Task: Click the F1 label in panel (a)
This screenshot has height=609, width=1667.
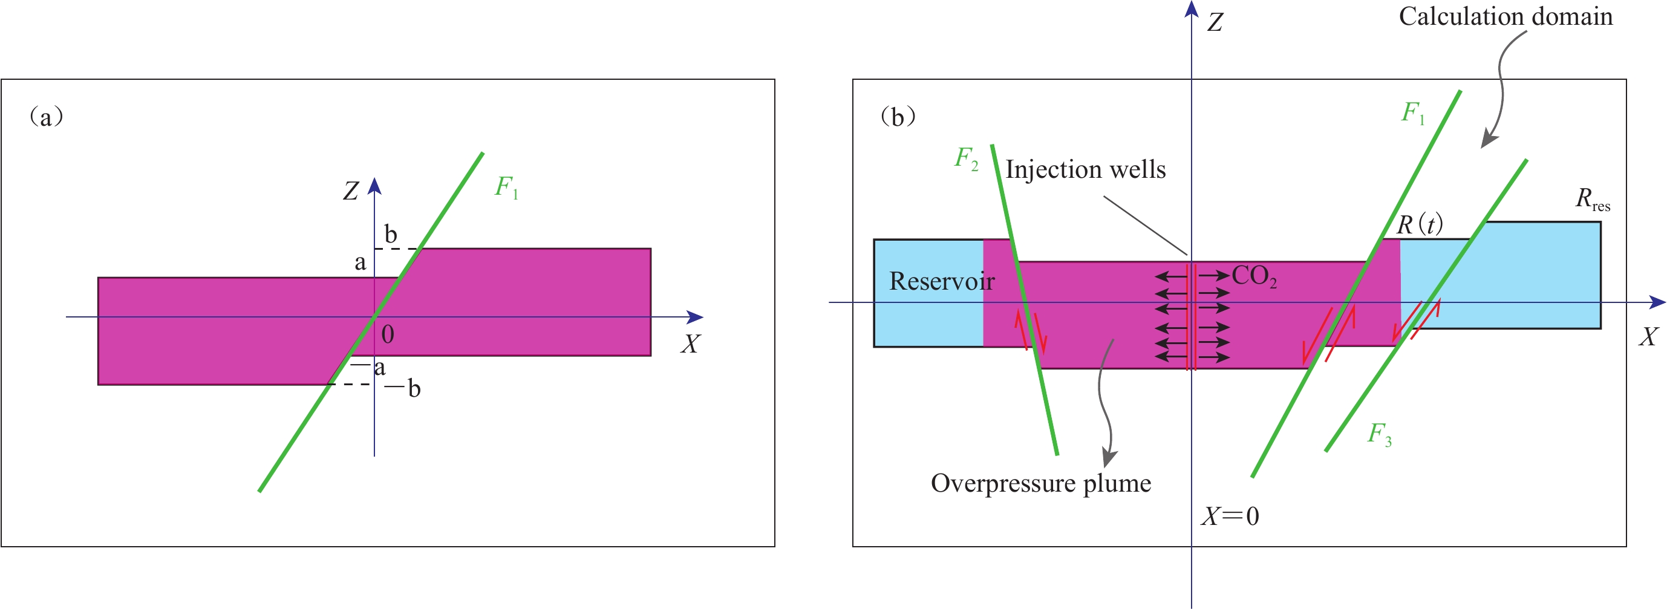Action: [506, 187]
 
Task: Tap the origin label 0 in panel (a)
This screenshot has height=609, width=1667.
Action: [388, 334]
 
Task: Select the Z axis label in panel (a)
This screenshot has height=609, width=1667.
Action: [351, 191]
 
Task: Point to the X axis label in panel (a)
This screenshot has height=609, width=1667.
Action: [690, 344]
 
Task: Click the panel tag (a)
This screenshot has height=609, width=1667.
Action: [46, 117]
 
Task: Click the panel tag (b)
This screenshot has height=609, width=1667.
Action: [898, 117]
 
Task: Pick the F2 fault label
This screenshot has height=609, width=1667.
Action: [966, 158]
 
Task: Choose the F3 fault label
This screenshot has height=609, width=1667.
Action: [1379, 434]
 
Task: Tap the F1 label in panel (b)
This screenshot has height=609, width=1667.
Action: [1413, 113]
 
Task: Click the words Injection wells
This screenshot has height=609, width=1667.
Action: [1085, 169]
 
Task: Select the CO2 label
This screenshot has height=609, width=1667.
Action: [1254, 276]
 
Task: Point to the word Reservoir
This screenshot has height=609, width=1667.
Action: [942, 281]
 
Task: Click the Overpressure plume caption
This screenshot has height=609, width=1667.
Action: [1040, 483]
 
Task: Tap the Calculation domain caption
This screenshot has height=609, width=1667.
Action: [1506, 17]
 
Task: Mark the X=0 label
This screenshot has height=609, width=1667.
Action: [1230, 516]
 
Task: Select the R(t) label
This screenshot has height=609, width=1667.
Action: [1419, 224]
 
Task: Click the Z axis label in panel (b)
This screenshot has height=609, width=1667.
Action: [1215, 22]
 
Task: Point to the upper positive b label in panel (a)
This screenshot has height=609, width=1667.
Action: [390, 234]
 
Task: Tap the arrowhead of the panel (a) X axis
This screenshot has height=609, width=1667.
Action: [696, 317]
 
